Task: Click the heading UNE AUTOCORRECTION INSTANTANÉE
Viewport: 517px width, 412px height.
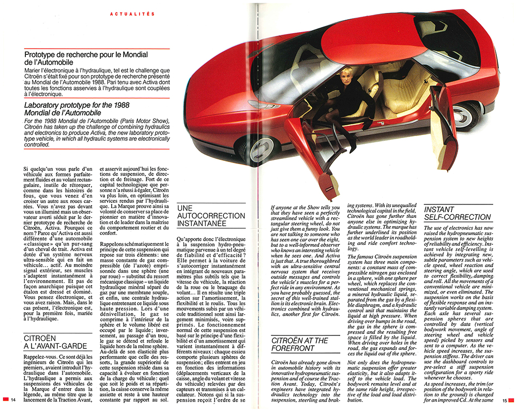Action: tap(210, 215)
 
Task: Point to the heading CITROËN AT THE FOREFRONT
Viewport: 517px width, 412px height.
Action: tap(299, 345)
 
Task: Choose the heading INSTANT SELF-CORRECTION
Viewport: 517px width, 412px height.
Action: tap(457, 213)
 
